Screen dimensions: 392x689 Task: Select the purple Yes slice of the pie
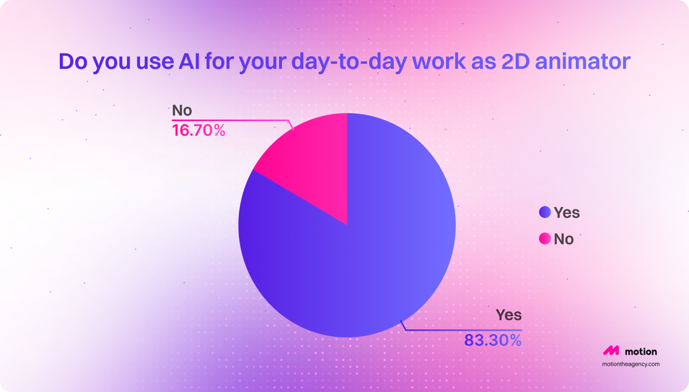[x=367, y=253]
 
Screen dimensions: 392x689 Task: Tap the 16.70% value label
[x=199, y=131]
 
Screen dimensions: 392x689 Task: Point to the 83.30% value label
[x=493, y=340]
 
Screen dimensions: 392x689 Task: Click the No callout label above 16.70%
[x=182, y=110]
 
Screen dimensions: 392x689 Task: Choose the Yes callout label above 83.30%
[x=509, y=315]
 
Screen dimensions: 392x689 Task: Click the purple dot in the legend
[x=545, y=212]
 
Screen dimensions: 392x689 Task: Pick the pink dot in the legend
[x=545, y=238]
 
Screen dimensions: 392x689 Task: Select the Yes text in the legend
[x=567, y=213]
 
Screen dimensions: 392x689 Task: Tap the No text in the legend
[x=564, y=239]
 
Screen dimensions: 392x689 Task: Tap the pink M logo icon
[x=610, y=351]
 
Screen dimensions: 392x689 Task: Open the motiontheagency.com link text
[x=630, y=364]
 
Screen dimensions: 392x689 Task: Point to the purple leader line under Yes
[x=459, y=330]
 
